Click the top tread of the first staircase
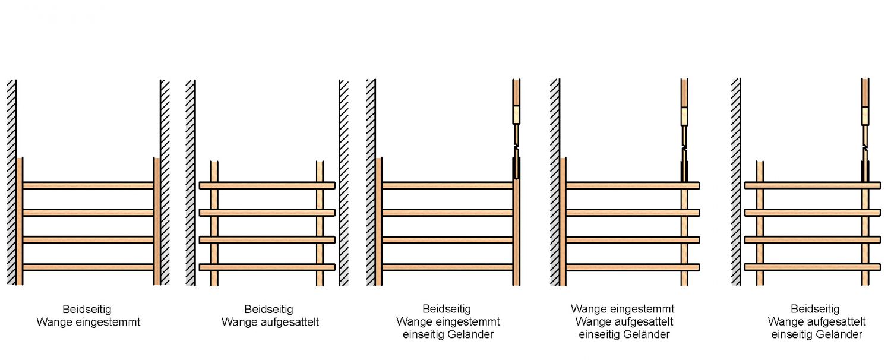(x=88, y=185)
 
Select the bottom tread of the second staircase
(x=267, y=267)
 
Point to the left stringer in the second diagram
(x=214, y=226)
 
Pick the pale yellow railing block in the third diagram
(x=516, y=115)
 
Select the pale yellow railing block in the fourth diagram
(x=684, y=116)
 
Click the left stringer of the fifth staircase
(x=759, y=226)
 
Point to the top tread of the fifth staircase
(x=812, y=185)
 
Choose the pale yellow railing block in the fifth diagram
(x=865, y=115)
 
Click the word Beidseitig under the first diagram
(x=87, y=310)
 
